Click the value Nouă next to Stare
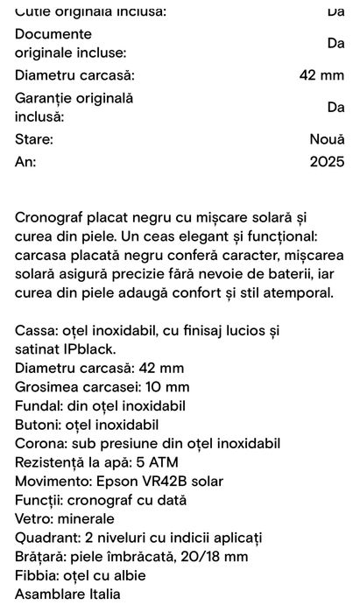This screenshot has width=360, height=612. [327, 139]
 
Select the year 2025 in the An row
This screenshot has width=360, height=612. [327, 162]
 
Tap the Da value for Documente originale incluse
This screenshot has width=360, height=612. [335, 43]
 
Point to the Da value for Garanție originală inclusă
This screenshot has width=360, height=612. [335, 107]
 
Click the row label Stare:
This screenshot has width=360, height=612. [34, 139]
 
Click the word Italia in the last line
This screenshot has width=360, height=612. [100, 594]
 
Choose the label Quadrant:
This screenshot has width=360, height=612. [49, 538]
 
